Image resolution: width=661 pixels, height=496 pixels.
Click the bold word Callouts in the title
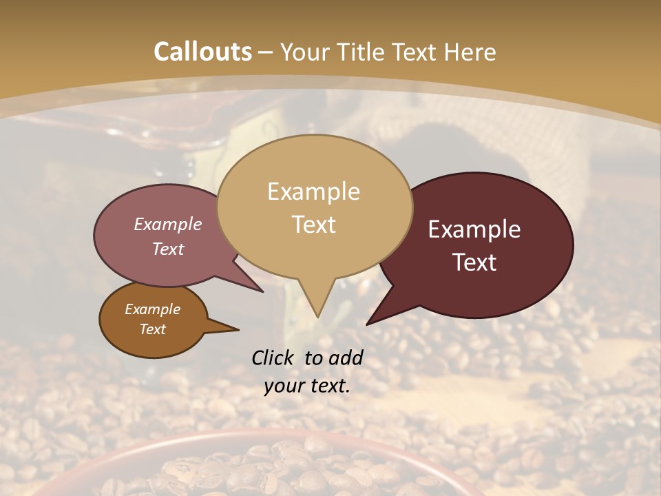(202, 52)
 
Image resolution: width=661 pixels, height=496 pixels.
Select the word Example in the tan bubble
(313, 192)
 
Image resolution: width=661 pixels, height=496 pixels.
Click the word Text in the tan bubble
(313, 224)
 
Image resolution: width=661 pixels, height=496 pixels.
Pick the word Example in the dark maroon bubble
(474, 229)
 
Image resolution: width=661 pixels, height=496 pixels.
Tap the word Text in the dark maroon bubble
(474, 262)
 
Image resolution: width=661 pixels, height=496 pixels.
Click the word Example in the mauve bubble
(168, 224)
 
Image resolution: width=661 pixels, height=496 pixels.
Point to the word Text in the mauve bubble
(168, 249)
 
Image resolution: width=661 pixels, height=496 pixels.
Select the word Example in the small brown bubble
(152, 309)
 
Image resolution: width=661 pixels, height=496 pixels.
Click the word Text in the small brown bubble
(152, 329)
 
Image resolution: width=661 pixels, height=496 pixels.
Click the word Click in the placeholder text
(273, 358)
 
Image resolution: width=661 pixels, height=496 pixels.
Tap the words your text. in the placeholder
(307, 386)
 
